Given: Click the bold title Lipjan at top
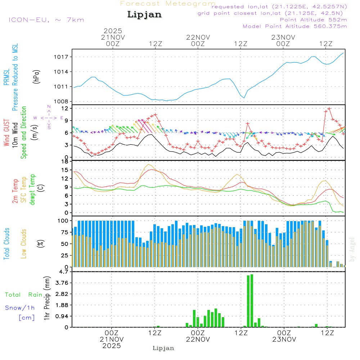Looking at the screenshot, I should coord(144,15).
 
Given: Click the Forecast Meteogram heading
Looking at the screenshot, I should coord(168,4).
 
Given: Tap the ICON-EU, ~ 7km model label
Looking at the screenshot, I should coord(46,20).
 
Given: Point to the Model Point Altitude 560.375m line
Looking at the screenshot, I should coord(294,26).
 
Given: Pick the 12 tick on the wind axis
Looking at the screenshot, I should coord(65,108).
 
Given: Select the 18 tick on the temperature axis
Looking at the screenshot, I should coord(65,162).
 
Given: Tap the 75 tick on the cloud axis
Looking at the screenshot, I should coord(65,232).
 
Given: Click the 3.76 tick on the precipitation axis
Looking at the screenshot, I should coord(62,283).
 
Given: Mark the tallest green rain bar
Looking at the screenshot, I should coord(252,301).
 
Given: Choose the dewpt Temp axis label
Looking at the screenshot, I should coord(33,190).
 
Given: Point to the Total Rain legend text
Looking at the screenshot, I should coord(24,295).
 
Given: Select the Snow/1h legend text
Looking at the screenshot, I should coord(20,308).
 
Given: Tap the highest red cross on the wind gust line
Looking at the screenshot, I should coord(329,108).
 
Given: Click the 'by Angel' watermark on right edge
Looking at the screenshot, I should coord(352,250).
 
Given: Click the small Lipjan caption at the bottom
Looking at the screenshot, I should coord(163,348).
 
